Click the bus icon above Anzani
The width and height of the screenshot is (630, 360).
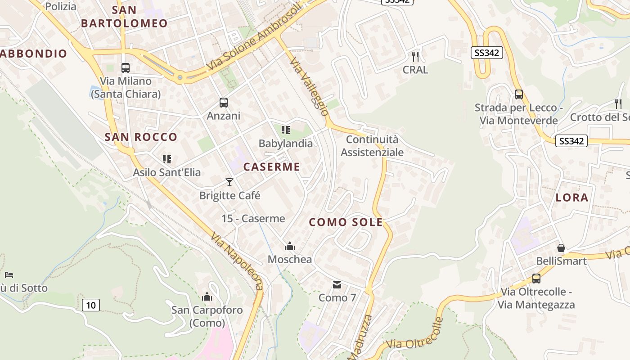(224, 103)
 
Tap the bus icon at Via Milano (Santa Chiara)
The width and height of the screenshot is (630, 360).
(126, 68)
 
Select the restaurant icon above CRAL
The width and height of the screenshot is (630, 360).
(415, 57)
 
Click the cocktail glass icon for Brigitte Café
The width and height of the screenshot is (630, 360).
(229, 182)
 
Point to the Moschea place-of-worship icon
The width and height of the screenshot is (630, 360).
(290, 246)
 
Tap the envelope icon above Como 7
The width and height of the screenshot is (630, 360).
(337, 285)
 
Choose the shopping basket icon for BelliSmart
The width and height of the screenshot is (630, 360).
(561, 248)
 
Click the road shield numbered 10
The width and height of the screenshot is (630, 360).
(91, 305)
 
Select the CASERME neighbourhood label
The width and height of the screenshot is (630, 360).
(272, 167)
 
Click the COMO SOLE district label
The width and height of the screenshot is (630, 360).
(346, 222)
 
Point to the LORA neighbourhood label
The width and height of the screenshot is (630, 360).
(572, 198)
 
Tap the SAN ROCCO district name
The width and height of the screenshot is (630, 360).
(141, 137)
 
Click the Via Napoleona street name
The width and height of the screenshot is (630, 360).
(237, 261)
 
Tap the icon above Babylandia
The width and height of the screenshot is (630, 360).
(285, 130)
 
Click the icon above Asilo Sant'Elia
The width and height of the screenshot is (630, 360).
(167, 159)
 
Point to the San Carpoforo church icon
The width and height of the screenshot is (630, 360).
(207, 297)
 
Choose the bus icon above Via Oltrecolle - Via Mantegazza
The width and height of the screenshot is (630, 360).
(536, 279)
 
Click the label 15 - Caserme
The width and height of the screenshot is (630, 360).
(253, 219)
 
